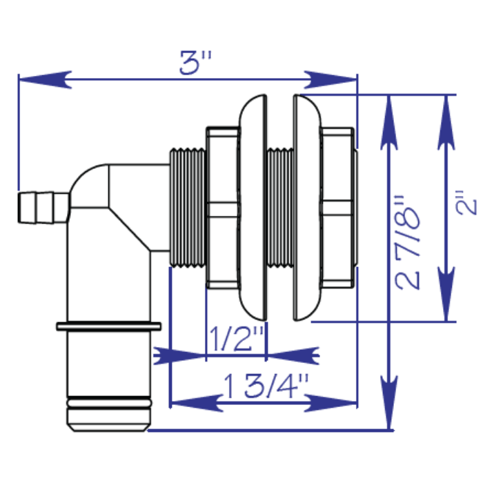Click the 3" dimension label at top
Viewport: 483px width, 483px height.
[x=195, y=64]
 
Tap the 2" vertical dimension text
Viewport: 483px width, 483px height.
[x=471, y=207]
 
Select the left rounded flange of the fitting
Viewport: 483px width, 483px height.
[x=252, y=207]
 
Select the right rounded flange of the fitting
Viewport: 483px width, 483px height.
[x=307, y=207]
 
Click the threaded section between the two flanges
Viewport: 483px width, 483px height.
[x=279, y=207]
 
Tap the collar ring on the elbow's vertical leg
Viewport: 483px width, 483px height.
[x=109, y=325]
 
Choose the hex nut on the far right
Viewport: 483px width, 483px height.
[x=339, y=207]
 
